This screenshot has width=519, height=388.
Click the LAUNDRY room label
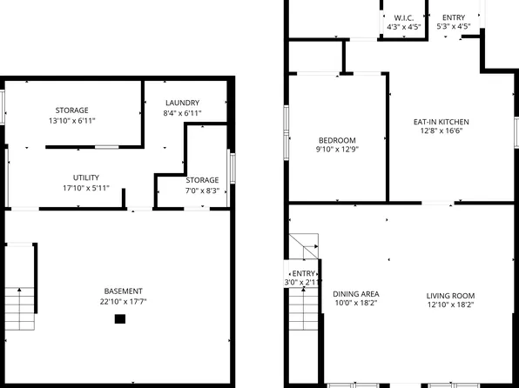point(181,103)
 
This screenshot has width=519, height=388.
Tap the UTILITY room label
point(73,177)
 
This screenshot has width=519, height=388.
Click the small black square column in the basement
point(120,319)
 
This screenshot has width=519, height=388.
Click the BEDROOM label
point(336,141)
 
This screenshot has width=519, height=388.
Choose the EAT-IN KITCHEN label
point(441,121)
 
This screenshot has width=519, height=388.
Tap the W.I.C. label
point(403,17)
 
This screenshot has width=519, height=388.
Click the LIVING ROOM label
point(450,294)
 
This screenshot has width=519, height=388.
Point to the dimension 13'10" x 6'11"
point(71,122)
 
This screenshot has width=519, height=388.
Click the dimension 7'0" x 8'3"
point(202,191)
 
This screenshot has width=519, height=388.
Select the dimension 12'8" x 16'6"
point(441,131)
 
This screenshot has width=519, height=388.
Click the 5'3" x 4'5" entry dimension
point(453,28)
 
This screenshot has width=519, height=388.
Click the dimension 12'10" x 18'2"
point(450,304)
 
